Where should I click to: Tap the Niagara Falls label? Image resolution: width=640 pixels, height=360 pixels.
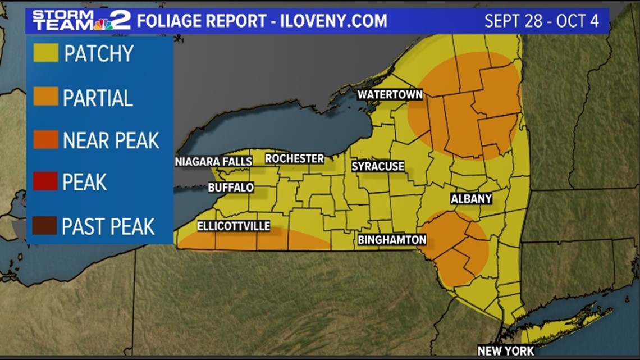pyautogui.click(x=213, y=162)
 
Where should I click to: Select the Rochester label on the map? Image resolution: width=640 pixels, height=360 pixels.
pyautogui.click(x=295, y=159)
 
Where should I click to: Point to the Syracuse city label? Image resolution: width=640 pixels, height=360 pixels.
pyautogui.click(x=378, y=166)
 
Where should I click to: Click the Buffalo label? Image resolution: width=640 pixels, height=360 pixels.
pyautogui.click(x=231, y=188)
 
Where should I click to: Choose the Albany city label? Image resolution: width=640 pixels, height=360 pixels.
pyautogui.click(x=471, y=199)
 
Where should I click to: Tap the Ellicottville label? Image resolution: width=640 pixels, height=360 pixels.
pyautogui.click(x=234, y=226)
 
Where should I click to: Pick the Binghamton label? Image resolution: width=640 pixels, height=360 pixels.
pyautogui.click(x=392, y=240)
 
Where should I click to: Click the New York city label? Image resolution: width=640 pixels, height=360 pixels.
pyautogui.click(x=505, y=351)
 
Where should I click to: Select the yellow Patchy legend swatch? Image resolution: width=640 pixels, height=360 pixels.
pyautogui.click(x=45, y=53)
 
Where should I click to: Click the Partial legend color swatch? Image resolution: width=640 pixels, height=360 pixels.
pyautogui.click(x=45, y=97)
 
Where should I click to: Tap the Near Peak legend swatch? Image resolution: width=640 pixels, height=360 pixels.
pyautogui.click(x=45, y=140)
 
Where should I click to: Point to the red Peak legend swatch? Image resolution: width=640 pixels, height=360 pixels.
pyautogui.click(x=45, y=181)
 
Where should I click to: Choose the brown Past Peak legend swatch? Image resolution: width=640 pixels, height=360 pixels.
pyautogui.click(x=45, y=226)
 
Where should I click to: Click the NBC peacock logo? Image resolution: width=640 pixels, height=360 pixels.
pyautogui.click(x=102, y=24)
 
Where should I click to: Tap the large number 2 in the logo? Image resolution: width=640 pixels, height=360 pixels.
pyautogui.click(x=121, y=20)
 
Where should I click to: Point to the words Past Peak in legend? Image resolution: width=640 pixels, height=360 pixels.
pyautogui.click(x=108, y=226)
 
